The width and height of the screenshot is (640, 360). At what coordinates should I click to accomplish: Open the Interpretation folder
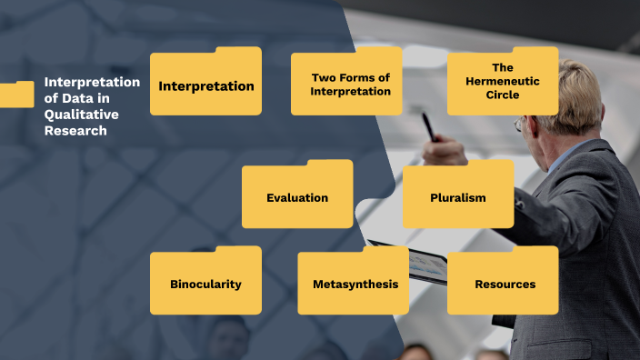(x=205, y=85)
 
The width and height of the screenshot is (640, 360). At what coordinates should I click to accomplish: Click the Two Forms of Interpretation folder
(x=346, y=85)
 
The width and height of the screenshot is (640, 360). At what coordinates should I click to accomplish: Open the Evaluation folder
(x=297, y=197)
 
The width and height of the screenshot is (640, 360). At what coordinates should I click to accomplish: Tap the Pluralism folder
(x=458, y=197)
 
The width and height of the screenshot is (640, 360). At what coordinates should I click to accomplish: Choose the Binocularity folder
(x=205, y=284)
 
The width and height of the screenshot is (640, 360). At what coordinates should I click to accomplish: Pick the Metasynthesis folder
(x=355, y=284)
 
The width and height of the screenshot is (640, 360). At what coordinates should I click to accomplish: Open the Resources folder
(x=505, y=284)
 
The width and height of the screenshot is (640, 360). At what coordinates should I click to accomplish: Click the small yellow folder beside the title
(x=16, y=95)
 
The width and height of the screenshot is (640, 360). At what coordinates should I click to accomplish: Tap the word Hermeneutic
(x=503, y=81)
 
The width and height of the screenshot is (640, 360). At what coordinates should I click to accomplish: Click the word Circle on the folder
(x=503, y=95)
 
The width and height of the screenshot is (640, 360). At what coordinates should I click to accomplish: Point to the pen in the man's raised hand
(x=427, y=125)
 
